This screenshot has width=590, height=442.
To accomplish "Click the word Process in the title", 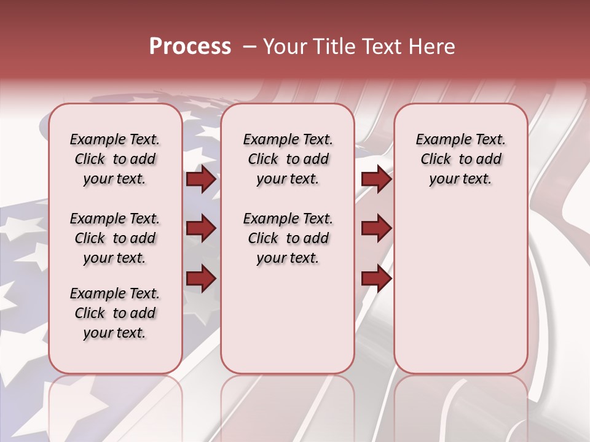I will click(x=190, y=47).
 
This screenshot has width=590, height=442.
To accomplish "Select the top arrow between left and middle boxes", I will click(x=201, y=179).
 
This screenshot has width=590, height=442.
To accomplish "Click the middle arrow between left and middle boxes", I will click(x=201, y=229).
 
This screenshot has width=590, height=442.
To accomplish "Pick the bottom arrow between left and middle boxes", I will click(x=201, y=279).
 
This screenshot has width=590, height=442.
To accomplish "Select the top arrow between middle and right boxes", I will click(x=376, y=179).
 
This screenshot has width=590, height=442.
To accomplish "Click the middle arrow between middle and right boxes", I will click(x=376, y=229).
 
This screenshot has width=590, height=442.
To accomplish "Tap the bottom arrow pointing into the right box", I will click(x=376, y=279).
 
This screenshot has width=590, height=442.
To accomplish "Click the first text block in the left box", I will click(x=115, y=159).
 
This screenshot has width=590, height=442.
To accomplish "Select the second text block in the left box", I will click(x=115, y=238).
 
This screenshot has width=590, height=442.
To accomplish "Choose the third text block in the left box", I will click(x=115, y=313).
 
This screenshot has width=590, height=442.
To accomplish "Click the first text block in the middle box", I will click(x=288, y=159).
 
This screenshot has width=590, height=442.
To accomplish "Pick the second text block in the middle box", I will click(x=288, y=238).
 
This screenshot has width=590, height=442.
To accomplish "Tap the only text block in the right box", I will click(x=460, y=159).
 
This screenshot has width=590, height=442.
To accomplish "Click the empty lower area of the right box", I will click(x=460, y=289).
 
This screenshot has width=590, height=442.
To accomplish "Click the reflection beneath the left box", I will click(x=115, y=399).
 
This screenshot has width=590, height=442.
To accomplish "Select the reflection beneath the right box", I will click(x=460, y=399).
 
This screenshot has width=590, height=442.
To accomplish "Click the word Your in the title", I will click(x=285, y=47).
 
